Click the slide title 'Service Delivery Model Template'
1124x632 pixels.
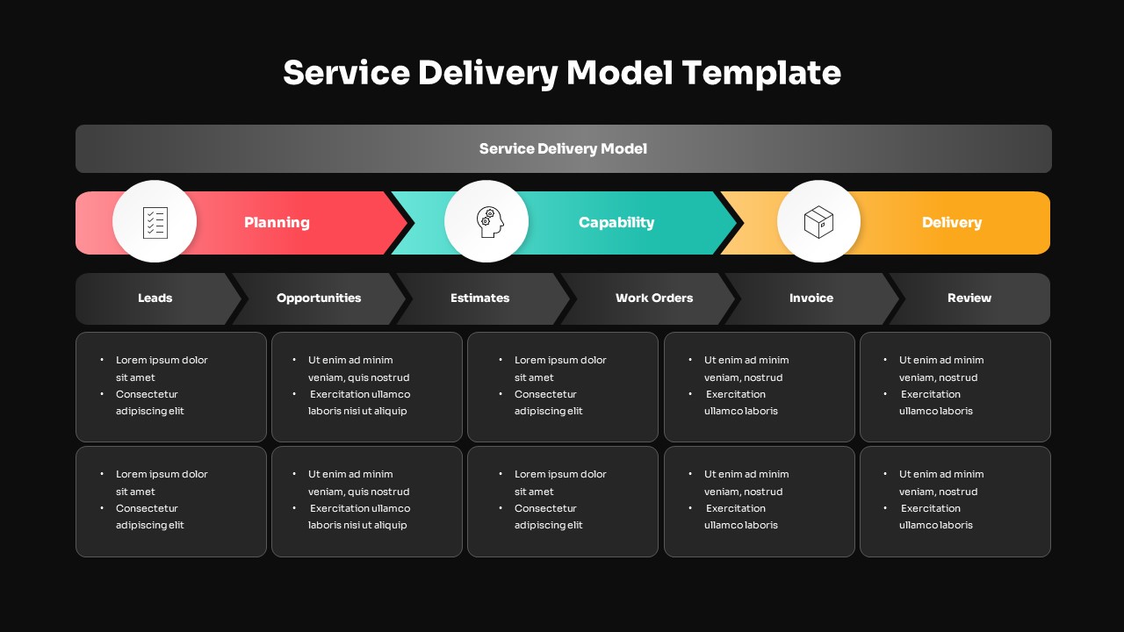click(562, 72)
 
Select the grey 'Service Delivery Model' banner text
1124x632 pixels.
click(563, 149)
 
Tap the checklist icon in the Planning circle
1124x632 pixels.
click(155, 222)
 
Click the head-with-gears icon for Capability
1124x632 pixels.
click(487, 222)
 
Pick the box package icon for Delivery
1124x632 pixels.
click(818, 222)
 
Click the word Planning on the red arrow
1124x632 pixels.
click(277, 223)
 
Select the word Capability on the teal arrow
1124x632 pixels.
click(616, 223)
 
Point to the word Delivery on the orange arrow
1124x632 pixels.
click(952, 223)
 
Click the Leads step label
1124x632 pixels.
click(155, 298)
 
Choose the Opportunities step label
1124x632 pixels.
click(319, 298)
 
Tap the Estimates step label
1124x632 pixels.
click(479, 298)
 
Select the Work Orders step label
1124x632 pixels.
click(654, 298)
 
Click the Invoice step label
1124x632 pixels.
click(811, 298)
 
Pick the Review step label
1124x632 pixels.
click(969, 298)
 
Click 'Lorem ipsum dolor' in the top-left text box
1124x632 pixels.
click(162, 360)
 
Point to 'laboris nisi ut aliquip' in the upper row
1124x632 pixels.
click(357, 411)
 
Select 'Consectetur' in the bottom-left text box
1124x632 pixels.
click(147, 508)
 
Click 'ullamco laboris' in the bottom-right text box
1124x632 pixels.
click(936, 525)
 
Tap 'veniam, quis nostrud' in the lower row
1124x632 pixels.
click(358, 492)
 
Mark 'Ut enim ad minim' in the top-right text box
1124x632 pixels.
click(941, 360)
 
